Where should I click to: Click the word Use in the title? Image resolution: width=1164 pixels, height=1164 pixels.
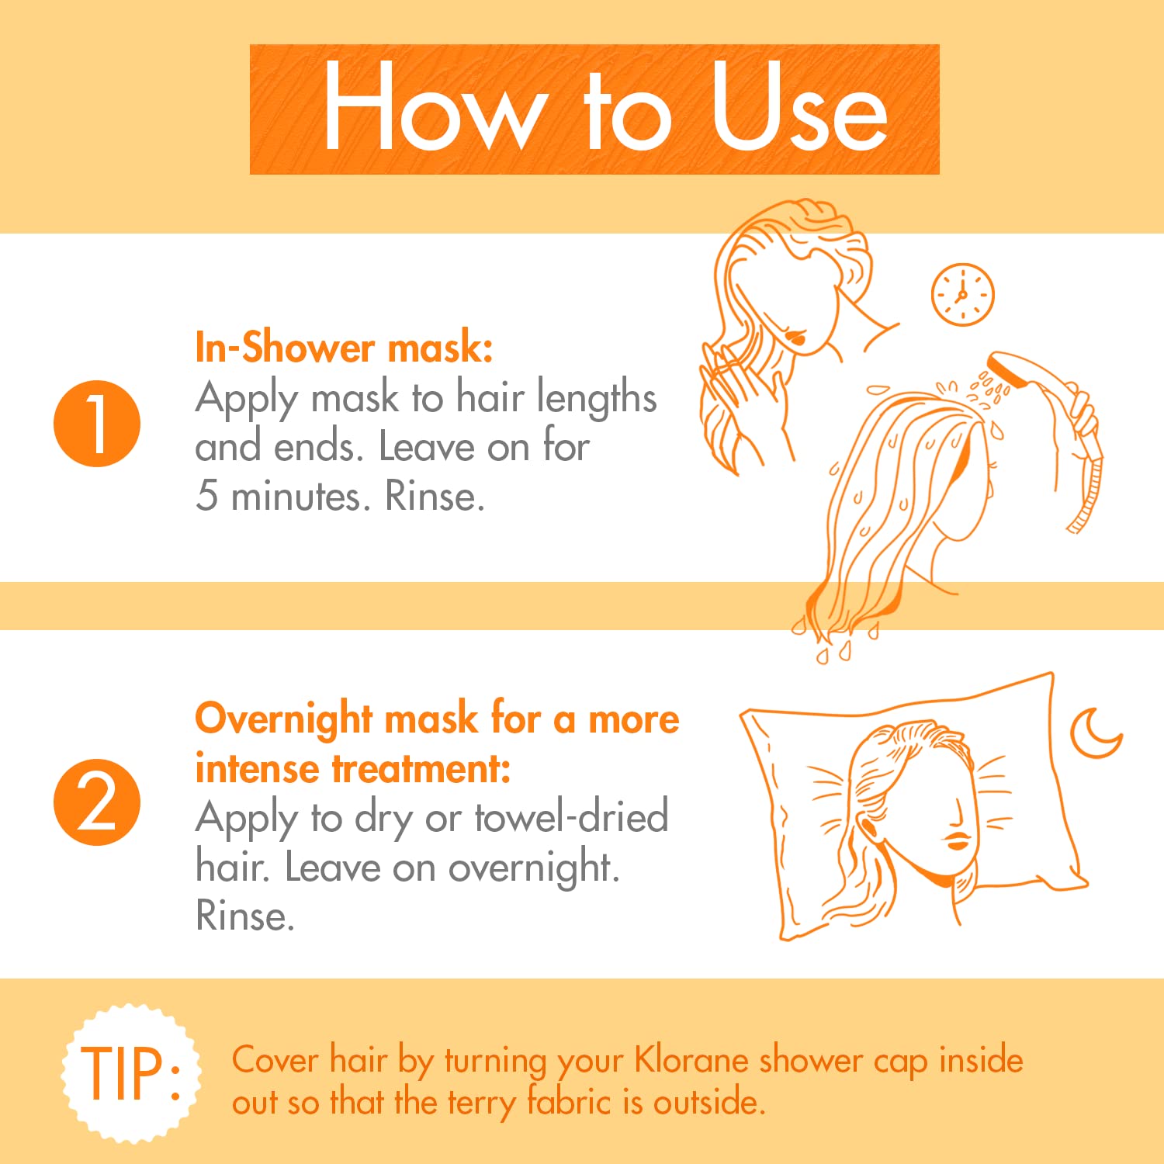(x=800, y=107)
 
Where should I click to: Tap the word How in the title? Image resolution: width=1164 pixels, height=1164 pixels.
(x=431, y=106)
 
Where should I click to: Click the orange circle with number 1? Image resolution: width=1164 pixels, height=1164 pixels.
(x=97, y=424)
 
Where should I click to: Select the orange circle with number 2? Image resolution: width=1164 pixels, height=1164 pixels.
(x=97, y=802)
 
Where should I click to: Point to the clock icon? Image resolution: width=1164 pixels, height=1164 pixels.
(x=962, y=295)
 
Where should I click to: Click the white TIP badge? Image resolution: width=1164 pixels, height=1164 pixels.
(x=131, y=1073)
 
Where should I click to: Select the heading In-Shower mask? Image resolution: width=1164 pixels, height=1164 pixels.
(x=344, y=347)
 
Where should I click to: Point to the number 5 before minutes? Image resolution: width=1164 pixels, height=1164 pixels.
(x=206, y=495)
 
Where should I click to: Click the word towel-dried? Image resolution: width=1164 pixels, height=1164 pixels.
(x=571, y=817)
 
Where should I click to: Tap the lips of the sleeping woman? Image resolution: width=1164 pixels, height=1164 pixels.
(x=958, y=840)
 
